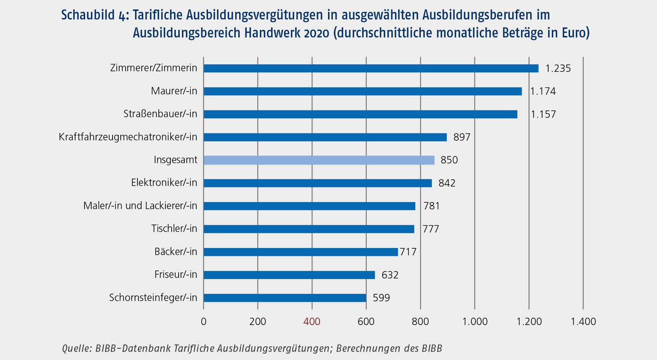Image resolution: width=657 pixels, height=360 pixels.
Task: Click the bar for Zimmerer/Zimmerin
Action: [371, 68]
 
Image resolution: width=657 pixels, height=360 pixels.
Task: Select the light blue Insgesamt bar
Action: [319, 160]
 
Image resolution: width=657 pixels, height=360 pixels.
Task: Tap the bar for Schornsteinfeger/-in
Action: [285, 298]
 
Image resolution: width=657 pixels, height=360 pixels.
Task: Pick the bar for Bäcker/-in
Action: [301, 252]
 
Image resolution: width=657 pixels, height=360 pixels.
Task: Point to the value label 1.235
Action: [558, 69]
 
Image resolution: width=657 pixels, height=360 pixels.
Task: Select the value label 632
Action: [390, 275]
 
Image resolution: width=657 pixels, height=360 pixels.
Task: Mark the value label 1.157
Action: [543, 115]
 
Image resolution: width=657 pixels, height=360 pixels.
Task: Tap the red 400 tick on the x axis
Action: [312, 322]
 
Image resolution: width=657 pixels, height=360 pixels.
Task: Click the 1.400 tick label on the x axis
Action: [583, 322]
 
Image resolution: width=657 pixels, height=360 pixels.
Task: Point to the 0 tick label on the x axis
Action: [204, 322]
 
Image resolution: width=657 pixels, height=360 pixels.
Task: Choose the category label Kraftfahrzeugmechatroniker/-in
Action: [128, 137]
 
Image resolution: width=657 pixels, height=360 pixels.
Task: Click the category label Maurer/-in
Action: [174, 91]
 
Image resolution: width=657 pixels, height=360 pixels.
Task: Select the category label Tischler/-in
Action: [174, 229]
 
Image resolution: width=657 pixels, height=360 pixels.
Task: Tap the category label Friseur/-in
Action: [175, 275]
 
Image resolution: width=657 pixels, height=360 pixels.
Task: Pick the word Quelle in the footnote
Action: [76, 349]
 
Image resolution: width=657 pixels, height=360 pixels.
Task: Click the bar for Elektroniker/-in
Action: [317, 183]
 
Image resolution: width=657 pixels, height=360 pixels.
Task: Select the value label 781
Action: [431, 206]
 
